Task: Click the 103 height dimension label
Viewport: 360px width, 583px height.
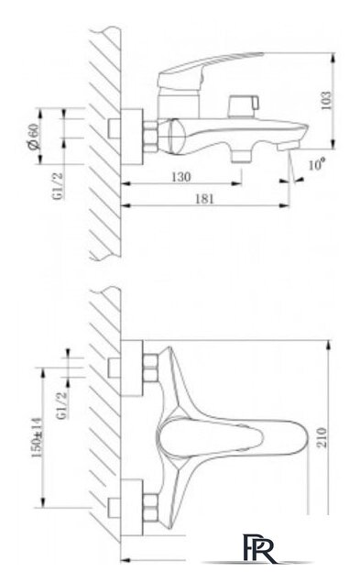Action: pyautogui.click(x=325, y=101)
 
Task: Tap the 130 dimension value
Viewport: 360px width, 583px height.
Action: pyautogui.click(x=181, y=177)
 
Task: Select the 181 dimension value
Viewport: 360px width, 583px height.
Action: pyautogui.click(x=204, y=199)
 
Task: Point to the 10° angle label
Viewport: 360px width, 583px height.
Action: pyautogui.click(x=317, y=163)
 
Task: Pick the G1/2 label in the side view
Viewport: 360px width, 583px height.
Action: pyautogui.click(x=59, y=186)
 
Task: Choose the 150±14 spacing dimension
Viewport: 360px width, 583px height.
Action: pyautogui.click(x=37, y=437)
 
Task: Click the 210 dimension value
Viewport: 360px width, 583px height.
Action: pyautogui.click(x=322, y=437)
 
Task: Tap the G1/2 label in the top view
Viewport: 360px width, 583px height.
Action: pyautogui.click(x=62, y=405)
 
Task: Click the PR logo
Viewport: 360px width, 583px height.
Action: pyautogui.click(x=260, y=548)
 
